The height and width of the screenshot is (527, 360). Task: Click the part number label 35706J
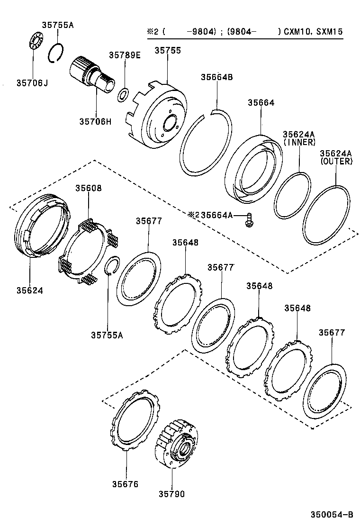[x=33, y=83]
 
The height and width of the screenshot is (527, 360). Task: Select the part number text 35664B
[x=216, y=77]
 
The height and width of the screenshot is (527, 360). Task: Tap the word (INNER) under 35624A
[x=299, y=142]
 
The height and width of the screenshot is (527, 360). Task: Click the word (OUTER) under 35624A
[x=336, y=161]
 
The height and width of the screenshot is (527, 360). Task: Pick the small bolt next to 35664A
[x=248, y=220]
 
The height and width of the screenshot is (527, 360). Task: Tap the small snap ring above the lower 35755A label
[x=111, y=265]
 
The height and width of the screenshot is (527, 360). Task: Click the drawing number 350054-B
[x=332, y=514]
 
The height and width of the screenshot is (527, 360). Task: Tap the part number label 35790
[x=171, y=494]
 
